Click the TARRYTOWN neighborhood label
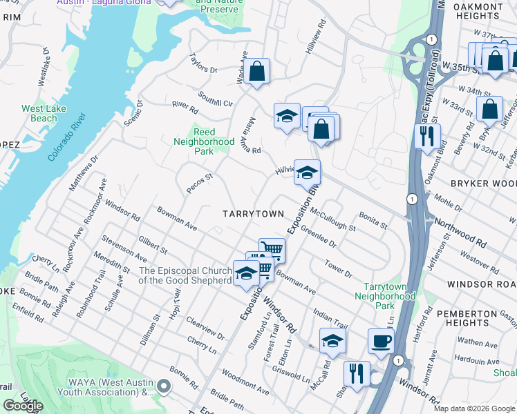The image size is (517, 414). [x=253, y=214]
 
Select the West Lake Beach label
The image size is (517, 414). [x=39, y=113]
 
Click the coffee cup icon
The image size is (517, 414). [x=381, y=341]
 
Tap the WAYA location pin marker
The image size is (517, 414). [x=163, y=387]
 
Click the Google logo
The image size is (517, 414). [x=23, y=406]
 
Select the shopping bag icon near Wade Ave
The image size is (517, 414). [x=256, y=71]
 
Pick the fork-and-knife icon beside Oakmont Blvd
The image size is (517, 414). [x=428, y=135]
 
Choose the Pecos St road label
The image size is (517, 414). [x=199, y=184]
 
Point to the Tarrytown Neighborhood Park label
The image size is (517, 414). [x=389, y=295]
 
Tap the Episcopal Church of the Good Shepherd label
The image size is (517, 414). [x=185, y=275]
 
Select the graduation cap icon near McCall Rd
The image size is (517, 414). [x=332, y=340]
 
